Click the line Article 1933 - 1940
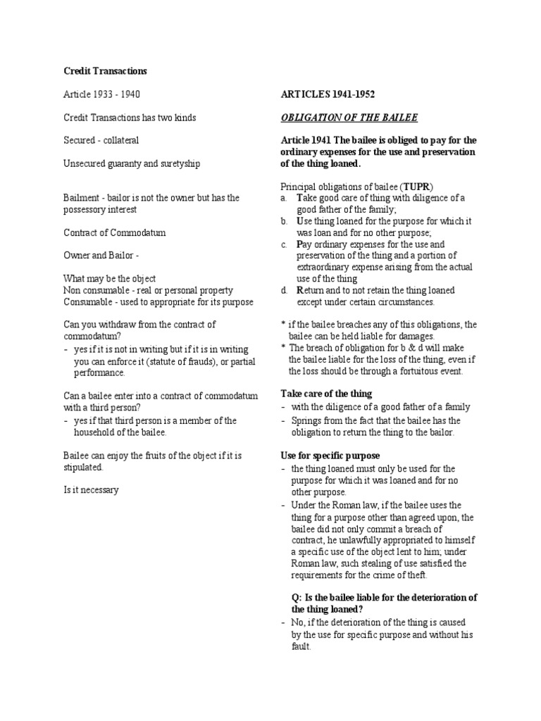pyautogui.click(x=106, y=94)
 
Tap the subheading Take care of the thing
pyautogui.click(x=326, y=393)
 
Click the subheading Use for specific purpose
pyautogui.click(x=330, y=455)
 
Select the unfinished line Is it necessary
pyautogui.click(x=91, y=490)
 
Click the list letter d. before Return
pyautogui.click(x=284, y=289)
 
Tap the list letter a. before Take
pyautogui.click(x=284, y=198)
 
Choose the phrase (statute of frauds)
pyautogui.click(x=177, y=361)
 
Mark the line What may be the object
pyautogui.click(x=109, y=278)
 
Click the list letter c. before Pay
pyautogui.click(x=284, y=244)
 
